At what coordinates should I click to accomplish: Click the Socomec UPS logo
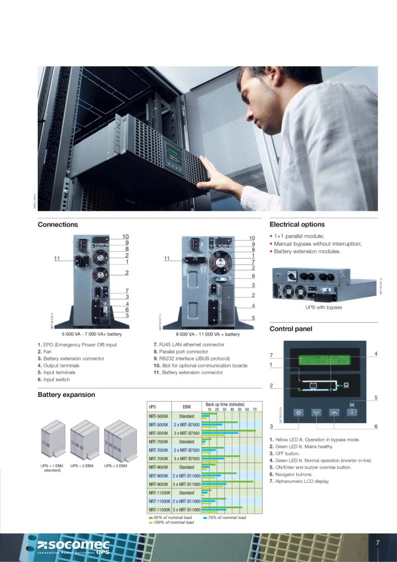[x=73, y=547]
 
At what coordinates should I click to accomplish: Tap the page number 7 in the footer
[x=377, y=543]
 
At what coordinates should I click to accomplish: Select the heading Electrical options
[x=297, y=224]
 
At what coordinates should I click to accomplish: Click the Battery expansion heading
[x=66, y=395]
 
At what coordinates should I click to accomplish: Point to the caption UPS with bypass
[x=324, y=307]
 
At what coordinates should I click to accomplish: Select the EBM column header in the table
[x=186, y=407]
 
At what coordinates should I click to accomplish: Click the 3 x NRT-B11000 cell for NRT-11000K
[x=186, y=510]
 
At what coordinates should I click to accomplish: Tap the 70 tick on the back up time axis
[x=254, y=409]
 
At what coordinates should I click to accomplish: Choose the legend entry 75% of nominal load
[x=227, y=518]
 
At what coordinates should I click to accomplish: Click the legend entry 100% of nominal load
[x=174, y=522]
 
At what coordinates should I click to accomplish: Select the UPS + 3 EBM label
[x=116, y=465]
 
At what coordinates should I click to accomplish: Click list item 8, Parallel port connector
[x=180, y=352]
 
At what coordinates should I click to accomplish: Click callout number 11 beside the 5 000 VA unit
[x=57, y=258]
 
